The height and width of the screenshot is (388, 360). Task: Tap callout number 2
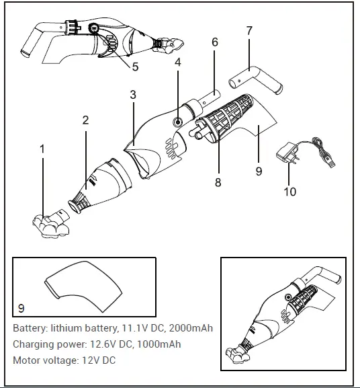[85, 120]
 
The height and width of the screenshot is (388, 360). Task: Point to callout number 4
[178, 63]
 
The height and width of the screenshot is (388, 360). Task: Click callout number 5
[135, 67]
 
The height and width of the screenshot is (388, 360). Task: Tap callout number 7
[249, 31]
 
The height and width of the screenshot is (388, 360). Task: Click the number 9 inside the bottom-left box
[21, 308]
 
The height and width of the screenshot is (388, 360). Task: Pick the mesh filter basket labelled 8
[225, 120]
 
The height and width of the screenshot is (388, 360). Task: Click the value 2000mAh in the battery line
[191, 328]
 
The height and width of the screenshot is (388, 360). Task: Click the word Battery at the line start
[30, 328]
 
